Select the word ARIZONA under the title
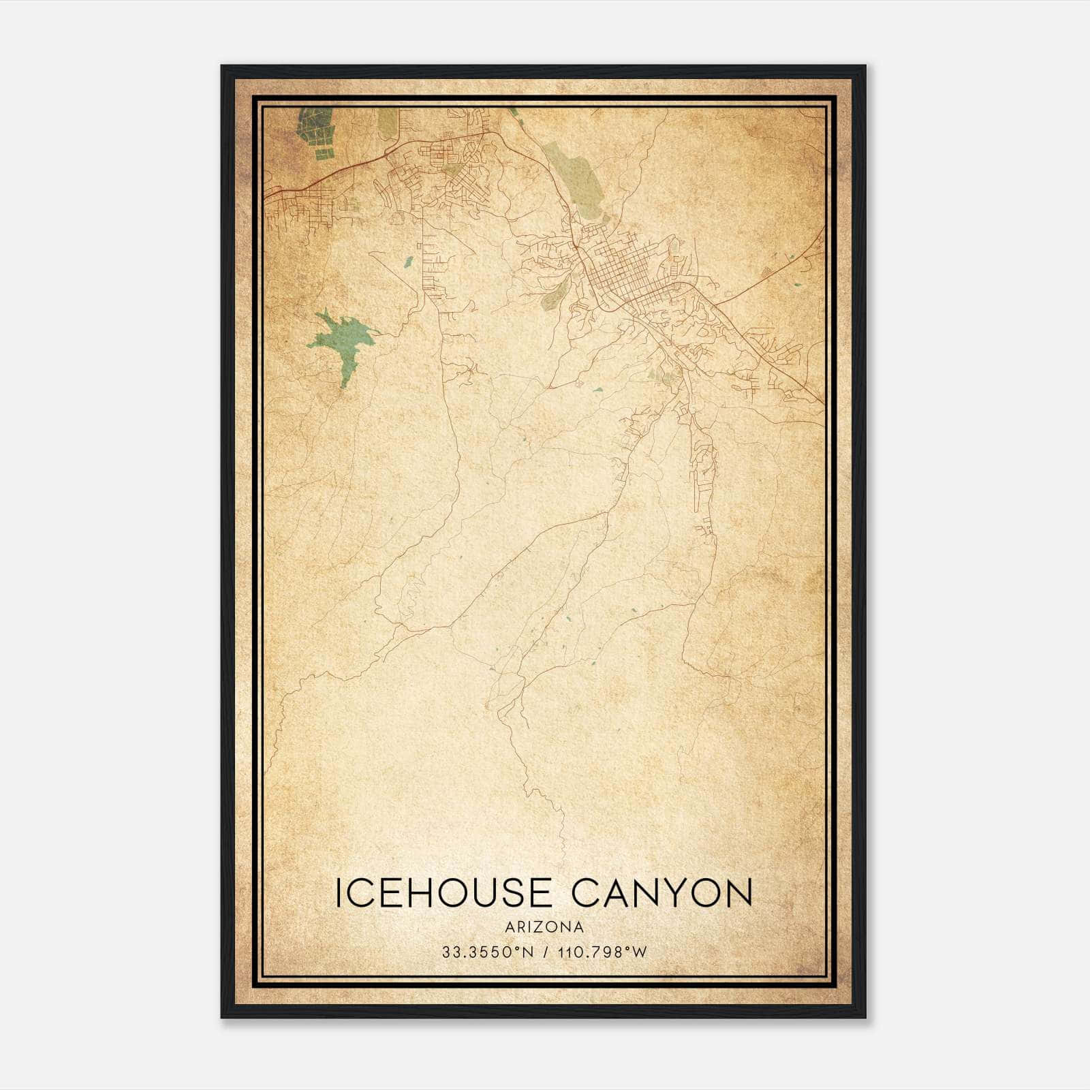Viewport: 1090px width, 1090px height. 544,927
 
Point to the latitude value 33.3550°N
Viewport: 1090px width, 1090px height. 488,952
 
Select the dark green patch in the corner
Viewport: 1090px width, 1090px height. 315,129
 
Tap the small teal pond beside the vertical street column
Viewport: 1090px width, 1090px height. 407,260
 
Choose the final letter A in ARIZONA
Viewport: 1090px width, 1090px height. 578,927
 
